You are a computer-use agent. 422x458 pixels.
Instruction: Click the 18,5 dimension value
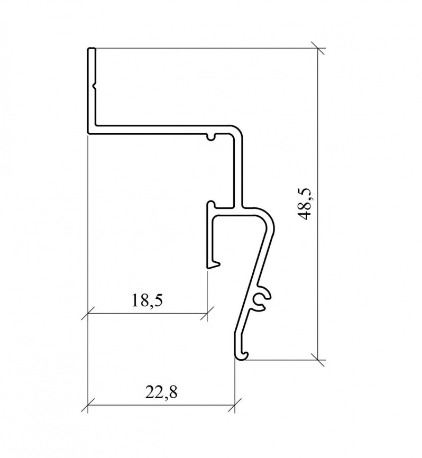[147, 300]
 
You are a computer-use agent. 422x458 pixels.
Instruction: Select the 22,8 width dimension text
[161, 392]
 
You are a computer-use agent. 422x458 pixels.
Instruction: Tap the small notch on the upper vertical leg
[94, 85]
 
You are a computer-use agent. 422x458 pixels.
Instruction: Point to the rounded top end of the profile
[91, 49]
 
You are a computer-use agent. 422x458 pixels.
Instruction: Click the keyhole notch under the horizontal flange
[212, 136]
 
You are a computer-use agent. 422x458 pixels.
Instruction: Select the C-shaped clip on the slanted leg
[262, 298]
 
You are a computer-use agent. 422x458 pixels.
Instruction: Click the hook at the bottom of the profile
[242, 355]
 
